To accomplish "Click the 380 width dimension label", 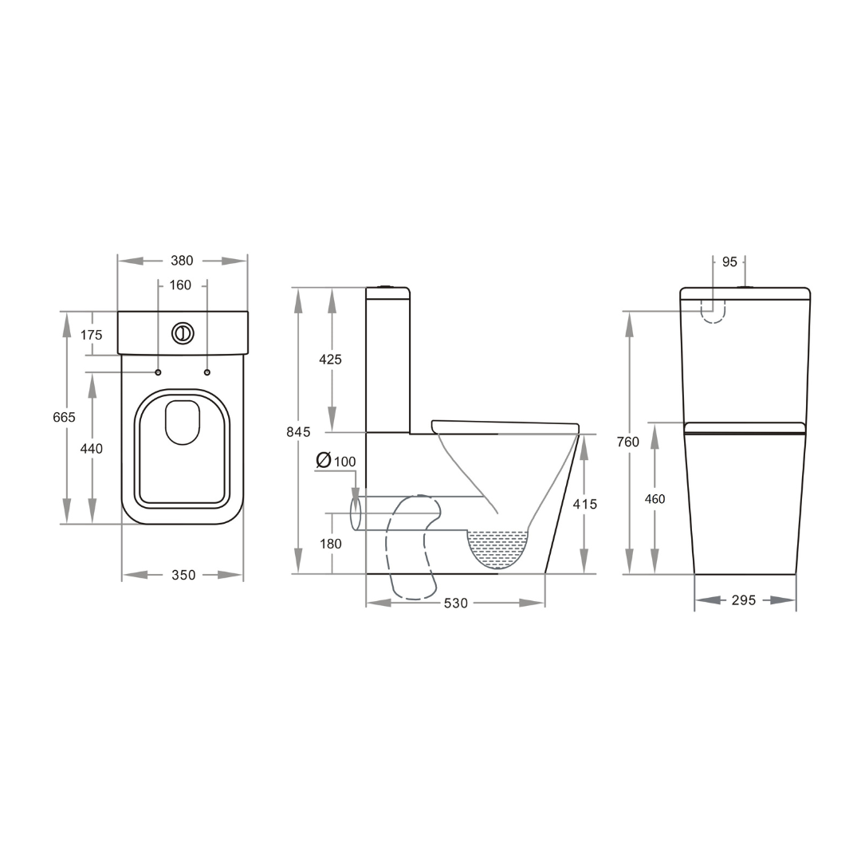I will coord(183,261).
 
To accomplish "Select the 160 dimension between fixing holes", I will coord(180,285).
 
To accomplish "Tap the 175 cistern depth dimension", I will coord(92,335).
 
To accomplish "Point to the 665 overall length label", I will coord(65,417).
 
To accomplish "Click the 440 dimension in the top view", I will coord(92,449).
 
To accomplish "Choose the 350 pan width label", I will coord(183,575).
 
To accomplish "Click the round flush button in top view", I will coord(183,333).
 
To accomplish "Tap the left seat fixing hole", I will coord(158,372).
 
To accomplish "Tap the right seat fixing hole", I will coord(207,372).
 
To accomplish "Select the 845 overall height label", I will coord(298,432).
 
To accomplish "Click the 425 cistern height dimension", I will coord(330,360).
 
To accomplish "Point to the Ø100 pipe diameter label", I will coord(336,461).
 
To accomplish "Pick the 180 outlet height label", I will coord(330,544).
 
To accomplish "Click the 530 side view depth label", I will coord(455,603).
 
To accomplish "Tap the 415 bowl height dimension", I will coord(584,504).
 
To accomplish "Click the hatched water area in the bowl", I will coord(497,545).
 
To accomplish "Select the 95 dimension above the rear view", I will coord(729,261).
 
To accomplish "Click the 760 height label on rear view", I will coord(628,442).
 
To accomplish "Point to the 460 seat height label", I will coord(655,499).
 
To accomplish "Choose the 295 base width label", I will coord(743,600).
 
